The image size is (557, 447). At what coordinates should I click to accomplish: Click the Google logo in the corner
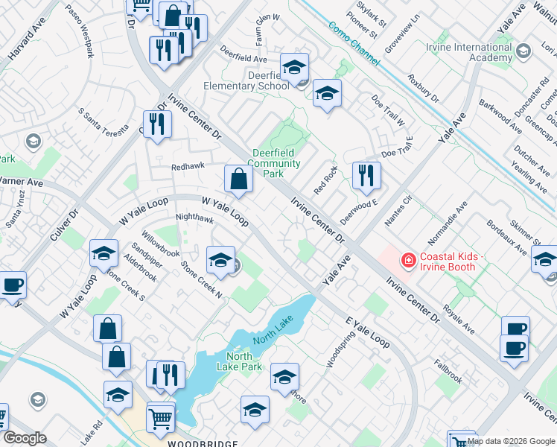pos(25,438)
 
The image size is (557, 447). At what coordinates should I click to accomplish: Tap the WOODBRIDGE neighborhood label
pos(202,443)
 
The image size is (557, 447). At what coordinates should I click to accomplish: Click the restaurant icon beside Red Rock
pos(366,176)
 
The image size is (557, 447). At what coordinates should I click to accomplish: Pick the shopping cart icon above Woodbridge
pos(161,419)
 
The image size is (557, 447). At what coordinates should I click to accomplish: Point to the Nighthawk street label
pos(194,220)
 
